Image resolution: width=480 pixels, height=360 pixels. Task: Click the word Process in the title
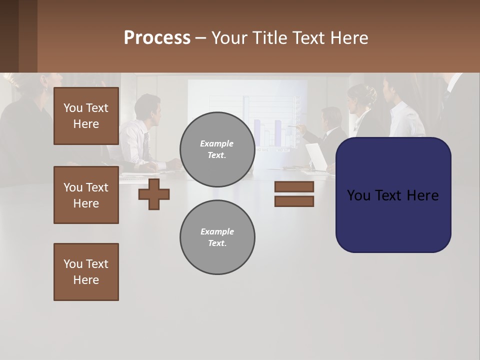(157, 38)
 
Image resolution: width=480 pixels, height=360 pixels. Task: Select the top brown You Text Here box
(86, 116)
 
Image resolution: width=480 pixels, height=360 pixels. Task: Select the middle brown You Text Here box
(86, 195)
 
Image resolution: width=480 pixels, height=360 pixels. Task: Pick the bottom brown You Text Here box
(86, 272)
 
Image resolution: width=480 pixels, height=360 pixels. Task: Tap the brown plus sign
(154, 194)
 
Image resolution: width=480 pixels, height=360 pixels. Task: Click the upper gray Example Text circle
(217, 149)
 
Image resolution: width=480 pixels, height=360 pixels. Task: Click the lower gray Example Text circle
(217, 237)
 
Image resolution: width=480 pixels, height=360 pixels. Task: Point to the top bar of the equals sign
(294, 186)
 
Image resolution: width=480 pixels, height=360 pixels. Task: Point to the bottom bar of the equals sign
(294, 201)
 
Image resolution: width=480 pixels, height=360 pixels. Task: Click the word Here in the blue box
(422, 195)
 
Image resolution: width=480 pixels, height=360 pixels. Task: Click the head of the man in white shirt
(147, 106)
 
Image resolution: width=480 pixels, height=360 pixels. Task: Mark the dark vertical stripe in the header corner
(27, 36)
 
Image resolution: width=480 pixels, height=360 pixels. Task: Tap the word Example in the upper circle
(217, 143)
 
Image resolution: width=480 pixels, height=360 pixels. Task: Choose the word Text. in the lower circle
(217, 243)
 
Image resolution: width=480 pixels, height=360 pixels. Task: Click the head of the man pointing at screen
(331, 118)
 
